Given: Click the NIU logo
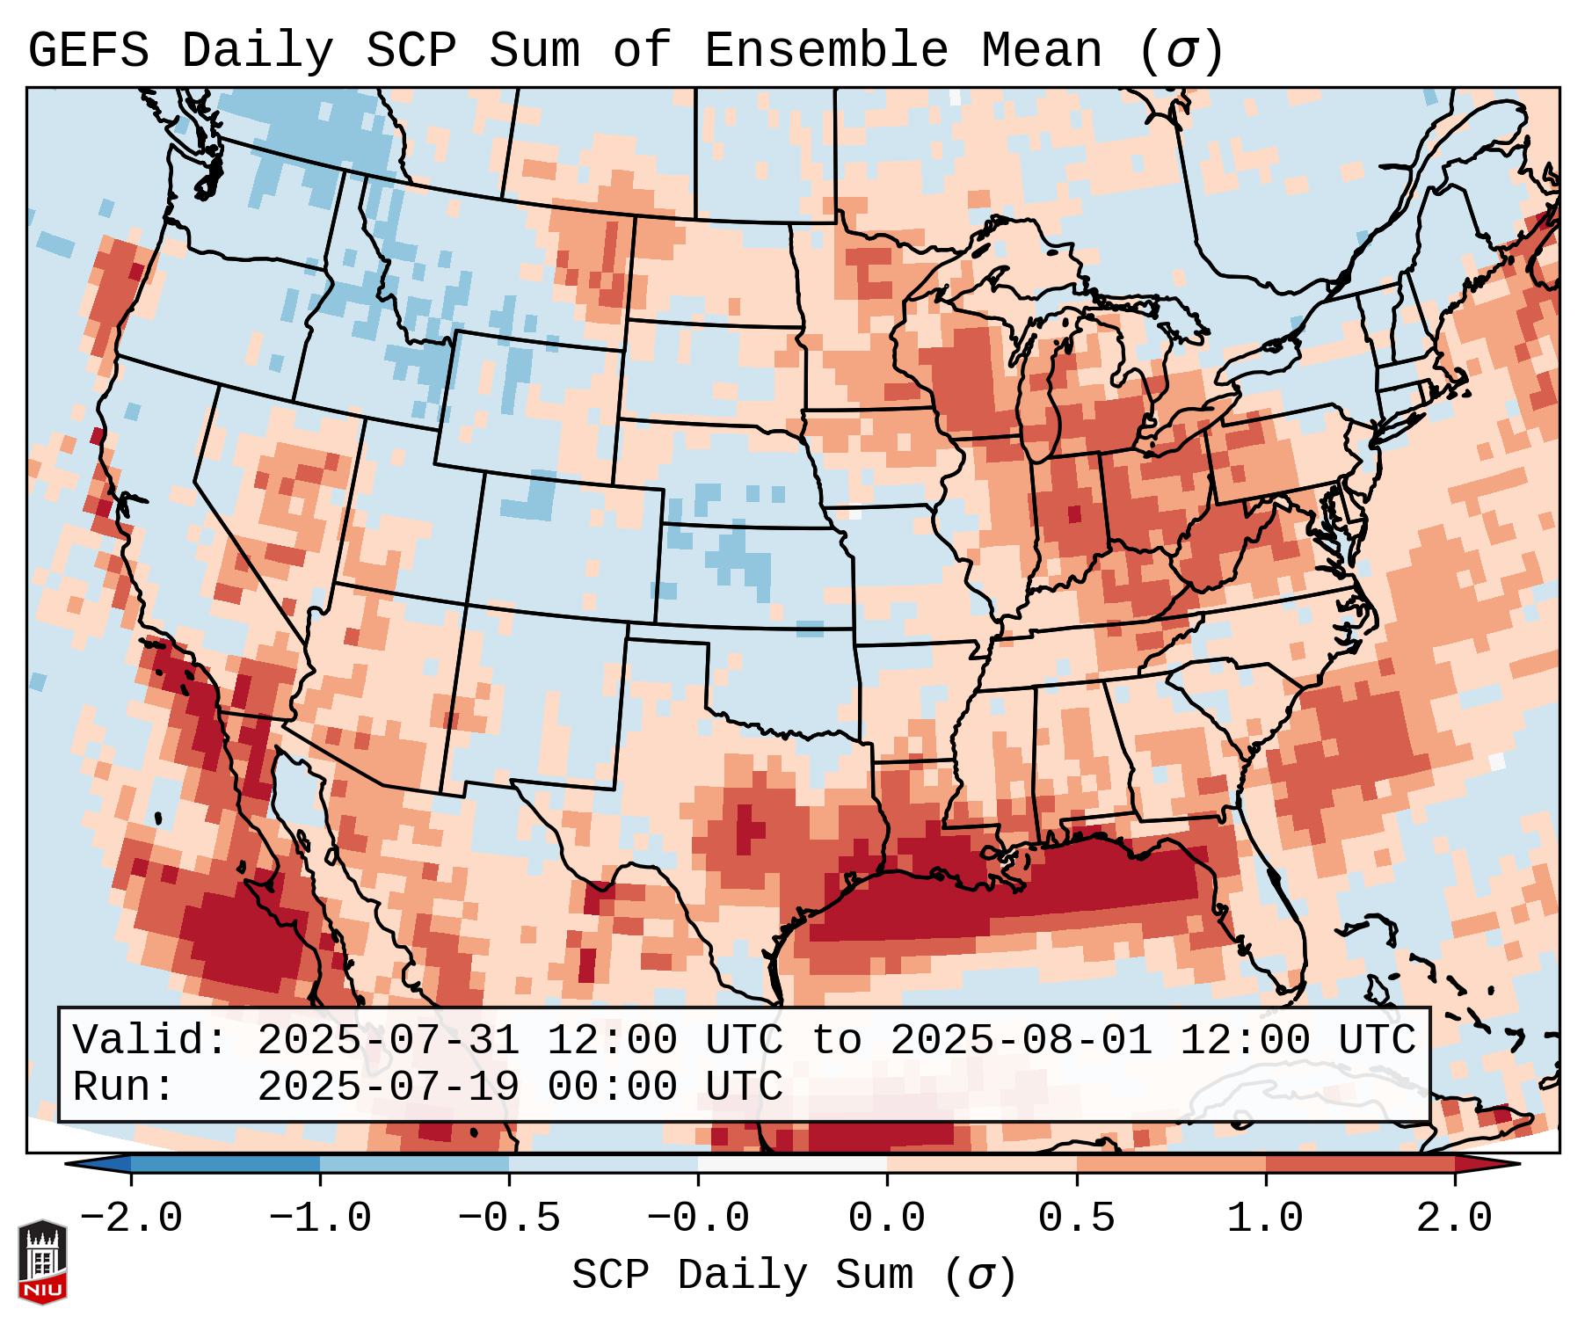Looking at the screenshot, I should pyautogui.click(x=42, y=1262).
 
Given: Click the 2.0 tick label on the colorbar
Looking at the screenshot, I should pyautogui.click(x=1455, y=1219).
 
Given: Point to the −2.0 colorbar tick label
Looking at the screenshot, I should pyautogui.click(x=131, y=1219).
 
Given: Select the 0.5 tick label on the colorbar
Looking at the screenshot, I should pyautogui.click(x=1076, y=1219).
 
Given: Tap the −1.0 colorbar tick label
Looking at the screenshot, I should pyautogui.click(x=320, y=1219).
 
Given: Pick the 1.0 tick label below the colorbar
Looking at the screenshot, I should pyautogui.click(x=1265, y=1219).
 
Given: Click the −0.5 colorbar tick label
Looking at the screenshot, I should pyautogui.click(x=509, y=1219).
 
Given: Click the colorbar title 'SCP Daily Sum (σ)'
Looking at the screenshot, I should pyautogui.click(x=794, y=1276).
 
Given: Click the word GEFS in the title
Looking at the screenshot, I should pyautogui.click(x=89, y=50).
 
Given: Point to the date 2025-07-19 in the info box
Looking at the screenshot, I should pyautogui.click(x=389, y=1087).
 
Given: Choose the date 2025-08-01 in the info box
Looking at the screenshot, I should pyautogui.click(x=1022, y=1040).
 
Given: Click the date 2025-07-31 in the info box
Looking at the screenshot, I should pyautogui.click(x=389, y=1040).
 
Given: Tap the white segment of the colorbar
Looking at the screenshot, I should pyautogui.click(x=792, y=1164).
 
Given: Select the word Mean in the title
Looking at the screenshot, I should pyautogui.click(x=1042, y=50).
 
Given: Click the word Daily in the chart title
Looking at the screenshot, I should pyautogui.click(x=258, y=50).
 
